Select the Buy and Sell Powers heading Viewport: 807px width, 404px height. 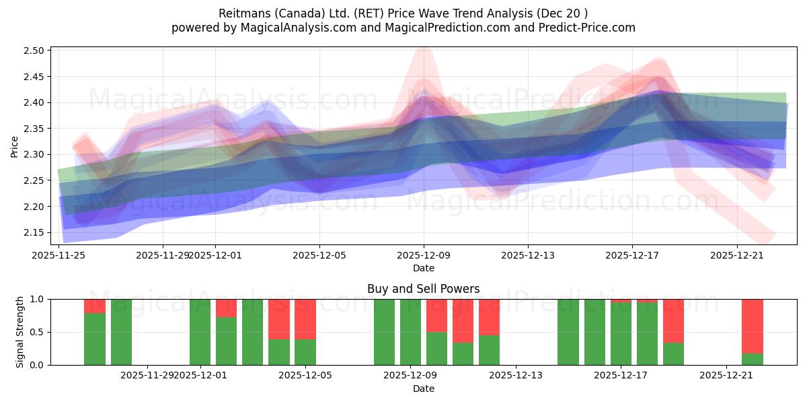pos(423,289)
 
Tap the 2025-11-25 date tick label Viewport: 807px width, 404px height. pos(59,255)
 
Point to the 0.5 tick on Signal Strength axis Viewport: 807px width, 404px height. pos(38,332)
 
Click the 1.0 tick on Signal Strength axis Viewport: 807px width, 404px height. pos(38,299)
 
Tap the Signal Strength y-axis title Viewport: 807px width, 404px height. pos(20,331)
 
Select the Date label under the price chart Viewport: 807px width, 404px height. pos(423,268)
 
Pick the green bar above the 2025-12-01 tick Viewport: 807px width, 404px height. pos(200,332)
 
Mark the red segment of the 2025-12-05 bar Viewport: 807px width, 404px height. pos(305,318)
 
